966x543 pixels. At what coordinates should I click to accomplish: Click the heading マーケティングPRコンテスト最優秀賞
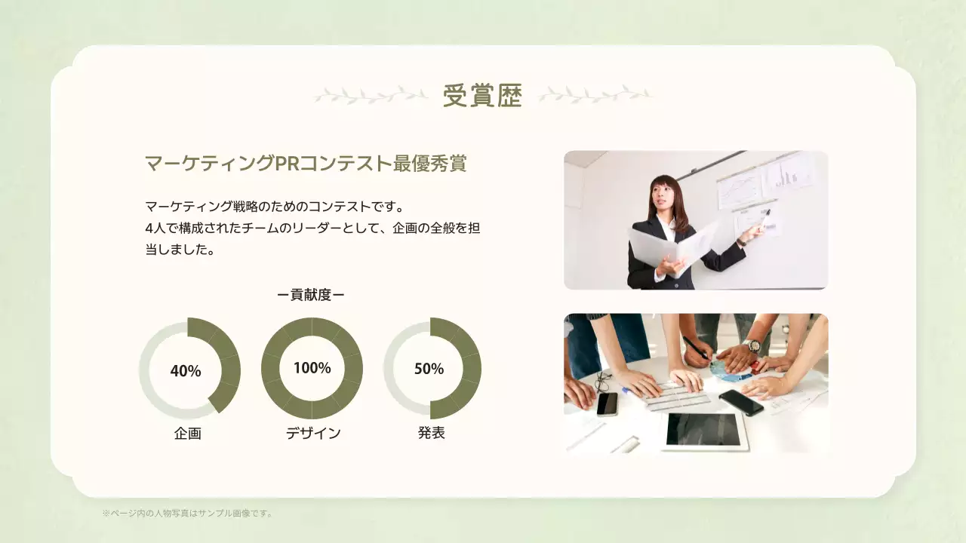(305, 163)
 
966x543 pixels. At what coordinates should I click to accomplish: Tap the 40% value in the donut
(186, 371)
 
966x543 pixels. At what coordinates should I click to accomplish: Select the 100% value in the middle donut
(312, 368)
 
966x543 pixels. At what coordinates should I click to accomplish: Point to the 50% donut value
(429, 369)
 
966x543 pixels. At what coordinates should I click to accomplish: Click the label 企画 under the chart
(188, 434)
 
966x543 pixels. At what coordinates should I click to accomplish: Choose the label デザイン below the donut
(313, 434)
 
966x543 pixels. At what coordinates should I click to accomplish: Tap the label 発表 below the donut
(432, 433)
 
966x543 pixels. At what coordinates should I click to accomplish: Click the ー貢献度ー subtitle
(311, 295)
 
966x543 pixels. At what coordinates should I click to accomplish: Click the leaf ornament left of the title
(371, 95)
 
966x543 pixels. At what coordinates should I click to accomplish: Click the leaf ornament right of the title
(595, 95)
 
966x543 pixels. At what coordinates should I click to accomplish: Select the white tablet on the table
(703, 430)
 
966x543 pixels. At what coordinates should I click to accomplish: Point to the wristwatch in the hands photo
(752, 346)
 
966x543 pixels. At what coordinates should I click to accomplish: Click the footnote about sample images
(188, 514)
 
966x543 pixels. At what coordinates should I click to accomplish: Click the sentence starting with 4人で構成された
(312, 228)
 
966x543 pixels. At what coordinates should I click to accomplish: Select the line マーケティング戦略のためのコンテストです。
(275, 206)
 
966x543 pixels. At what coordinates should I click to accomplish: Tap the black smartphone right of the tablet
(741, 402)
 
